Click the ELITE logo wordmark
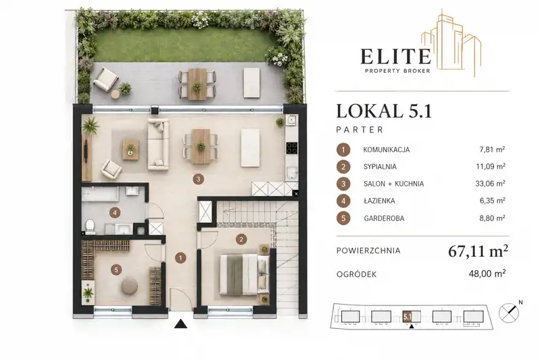[395, 57]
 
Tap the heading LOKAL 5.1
[384, 111]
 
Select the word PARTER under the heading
[360, 130]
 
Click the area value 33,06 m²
[490, 184]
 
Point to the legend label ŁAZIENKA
[379, 201]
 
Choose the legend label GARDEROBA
[384, 218]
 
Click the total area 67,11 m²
[478, 251]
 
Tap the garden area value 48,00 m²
[487, 274]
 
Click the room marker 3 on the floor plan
[198, 179]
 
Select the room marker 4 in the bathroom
[115, 213]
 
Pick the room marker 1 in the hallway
[180, 258]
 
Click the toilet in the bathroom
[91, 226]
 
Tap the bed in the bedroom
[244, 275]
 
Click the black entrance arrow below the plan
[180, 324]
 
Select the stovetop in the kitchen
[292, 148]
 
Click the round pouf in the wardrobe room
[130, 285]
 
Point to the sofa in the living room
[158, 145]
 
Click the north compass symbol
[509, 313]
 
